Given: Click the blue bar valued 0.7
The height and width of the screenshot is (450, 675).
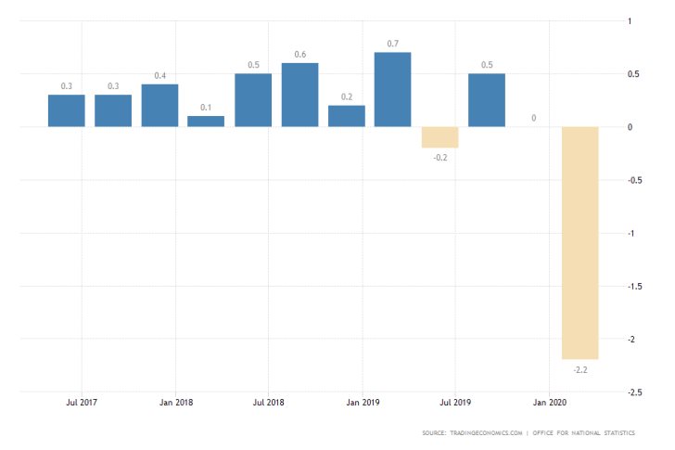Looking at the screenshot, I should tap(392, 90).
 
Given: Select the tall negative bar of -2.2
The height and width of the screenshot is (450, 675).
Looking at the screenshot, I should tap(579, 243).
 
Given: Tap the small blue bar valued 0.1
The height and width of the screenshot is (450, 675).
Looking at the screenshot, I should tap(206, 121).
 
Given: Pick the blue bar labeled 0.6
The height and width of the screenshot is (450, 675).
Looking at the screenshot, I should tap(299, 95).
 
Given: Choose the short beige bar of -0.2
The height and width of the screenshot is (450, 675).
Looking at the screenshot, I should tap(439, 137).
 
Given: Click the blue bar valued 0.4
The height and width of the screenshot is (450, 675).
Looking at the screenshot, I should tap(159, 105).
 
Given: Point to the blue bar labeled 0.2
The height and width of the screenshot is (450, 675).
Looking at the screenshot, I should tap(346, 116).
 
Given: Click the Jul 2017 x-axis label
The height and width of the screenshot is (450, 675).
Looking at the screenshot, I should tap(82, 404).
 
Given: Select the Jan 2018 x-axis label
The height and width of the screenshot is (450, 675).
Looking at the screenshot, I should tap(175, 404).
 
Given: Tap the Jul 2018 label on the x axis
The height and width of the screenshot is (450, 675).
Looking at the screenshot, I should tap(268, 404).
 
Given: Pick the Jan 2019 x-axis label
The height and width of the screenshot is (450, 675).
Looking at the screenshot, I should tap(363, 404).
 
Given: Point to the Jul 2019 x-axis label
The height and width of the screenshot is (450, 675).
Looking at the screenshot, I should tap(455, 404).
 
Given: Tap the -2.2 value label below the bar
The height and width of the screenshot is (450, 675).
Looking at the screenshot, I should tap(579, 369).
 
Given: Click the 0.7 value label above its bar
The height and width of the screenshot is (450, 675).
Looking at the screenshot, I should tap(392, 43).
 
